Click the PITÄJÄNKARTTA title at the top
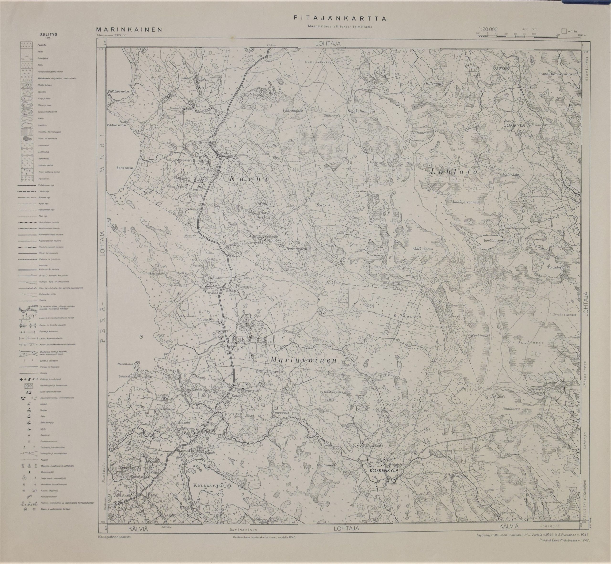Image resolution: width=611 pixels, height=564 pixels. coord(340,18)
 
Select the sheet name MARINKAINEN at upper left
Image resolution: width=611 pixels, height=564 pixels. coord(129,30)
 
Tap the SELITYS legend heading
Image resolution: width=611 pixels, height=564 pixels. coord(48,34)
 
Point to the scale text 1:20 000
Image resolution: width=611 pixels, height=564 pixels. coord(488,30)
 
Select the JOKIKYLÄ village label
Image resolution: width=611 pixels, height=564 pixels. coord(515,125)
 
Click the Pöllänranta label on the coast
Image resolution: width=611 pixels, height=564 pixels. coord(119,91)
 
